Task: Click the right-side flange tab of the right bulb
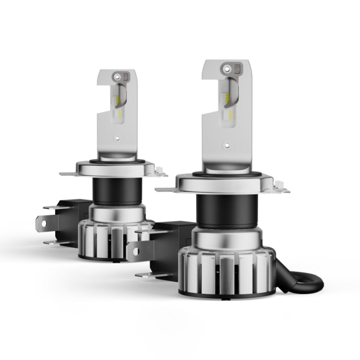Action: [280, 188]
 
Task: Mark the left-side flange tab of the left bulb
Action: [68, 173]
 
